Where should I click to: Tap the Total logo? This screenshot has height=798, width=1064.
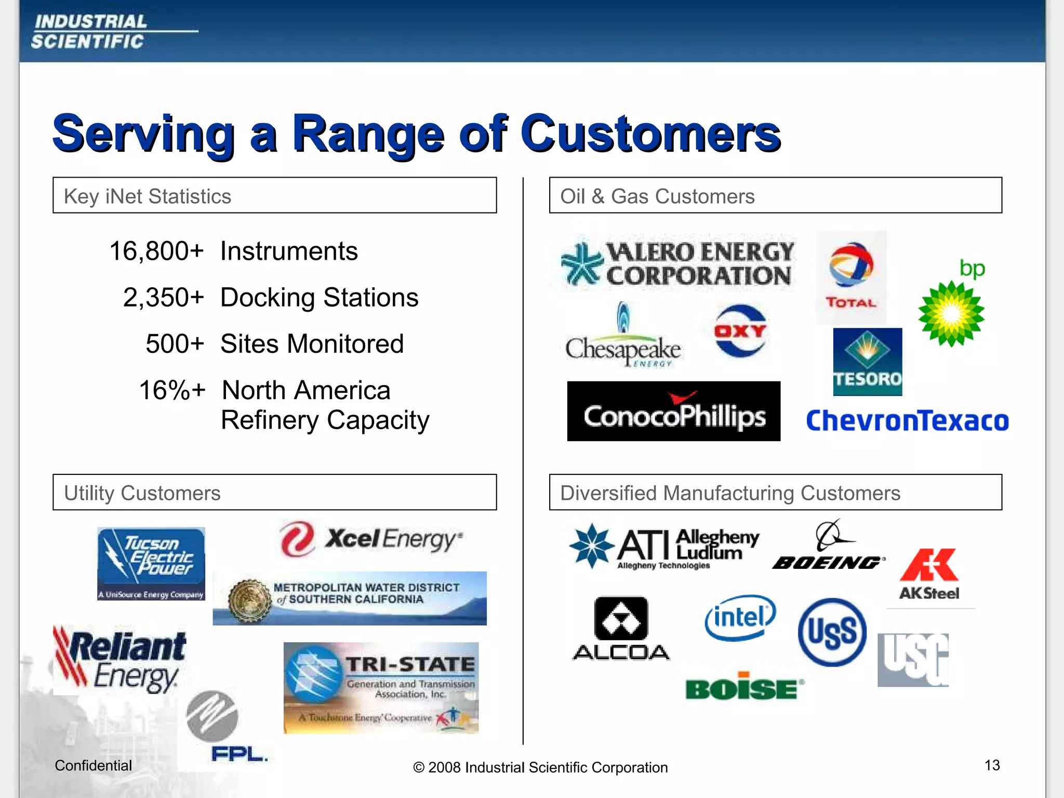(851, 277)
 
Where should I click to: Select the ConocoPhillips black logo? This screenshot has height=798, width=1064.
(673, 411)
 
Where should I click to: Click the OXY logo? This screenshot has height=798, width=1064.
(740, 331)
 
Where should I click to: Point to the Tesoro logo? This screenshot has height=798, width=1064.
(867, 362)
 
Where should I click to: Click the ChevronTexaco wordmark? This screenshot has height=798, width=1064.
(907, 421)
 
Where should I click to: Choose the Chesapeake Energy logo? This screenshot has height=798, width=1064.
(623, 337)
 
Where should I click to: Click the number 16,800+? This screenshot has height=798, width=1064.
(156, 251)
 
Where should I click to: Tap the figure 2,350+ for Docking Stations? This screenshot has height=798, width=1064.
(164, 298)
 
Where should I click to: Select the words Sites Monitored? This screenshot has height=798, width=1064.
(312, 344)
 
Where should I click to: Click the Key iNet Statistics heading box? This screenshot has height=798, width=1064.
(274, 196)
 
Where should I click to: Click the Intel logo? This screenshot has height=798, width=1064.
(740, 618)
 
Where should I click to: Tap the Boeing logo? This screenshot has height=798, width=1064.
(828, 546)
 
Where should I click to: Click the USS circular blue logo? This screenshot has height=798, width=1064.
(832, 632)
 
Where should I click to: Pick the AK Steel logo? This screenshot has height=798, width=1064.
(929, 574)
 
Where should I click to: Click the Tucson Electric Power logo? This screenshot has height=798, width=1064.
(151, 564)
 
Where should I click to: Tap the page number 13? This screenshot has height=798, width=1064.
(992, 765)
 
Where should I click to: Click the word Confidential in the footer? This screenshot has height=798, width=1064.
(94, 765)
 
